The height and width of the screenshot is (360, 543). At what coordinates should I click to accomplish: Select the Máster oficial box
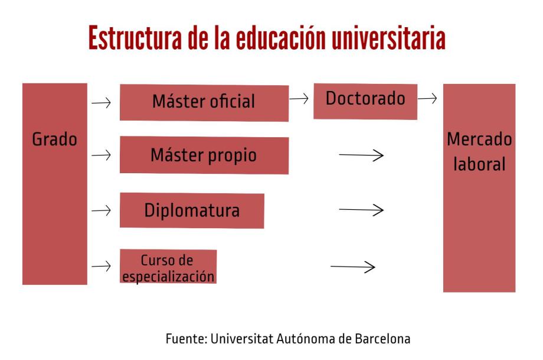(x=204, y=102)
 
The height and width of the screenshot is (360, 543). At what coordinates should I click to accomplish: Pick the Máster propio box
(x=204, y=155)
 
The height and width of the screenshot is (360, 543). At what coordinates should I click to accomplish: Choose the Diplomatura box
(x=192, y=210)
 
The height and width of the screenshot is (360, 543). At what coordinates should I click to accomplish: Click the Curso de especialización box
(x=168, y=267)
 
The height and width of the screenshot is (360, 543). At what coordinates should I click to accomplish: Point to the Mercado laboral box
(x=479, y=187)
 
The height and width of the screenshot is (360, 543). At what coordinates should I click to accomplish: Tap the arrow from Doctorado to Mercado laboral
(x=427, y=99)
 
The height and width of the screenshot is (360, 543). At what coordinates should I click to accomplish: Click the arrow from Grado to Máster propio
(x=102, y=155)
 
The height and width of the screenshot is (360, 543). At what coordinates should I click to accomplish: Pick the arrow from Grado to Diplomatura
(x=102, y=210)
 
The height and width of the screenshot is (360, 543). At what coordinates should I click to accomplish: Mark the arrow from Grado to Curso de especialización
(x=102, y=266)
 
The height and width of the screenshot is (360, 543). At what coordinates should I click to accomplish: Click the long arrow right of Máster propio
(x=362, y=155)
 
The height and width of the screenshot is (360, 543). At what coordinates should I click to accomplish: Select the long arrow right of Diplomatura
(x=362, y=210)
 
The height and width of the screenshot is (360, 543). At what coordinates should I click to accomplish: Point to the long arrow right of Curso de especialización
(x=353, y=267)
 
